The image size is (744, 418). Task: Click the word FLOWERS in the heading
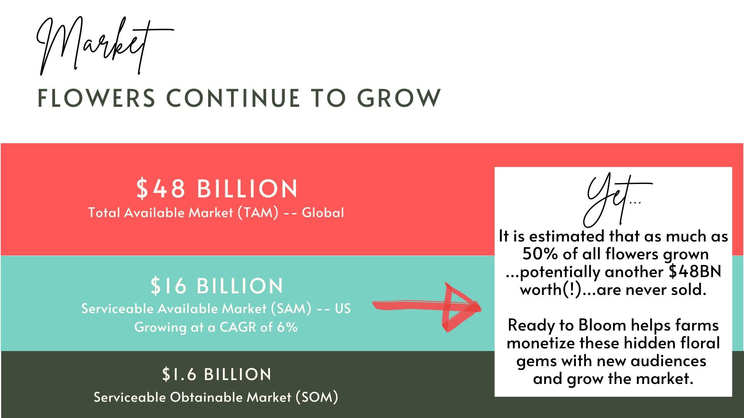pyautogui.click(x=96, y=98)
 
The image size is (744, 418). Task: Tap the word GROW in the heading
pyautogui.click(x=399, y=98)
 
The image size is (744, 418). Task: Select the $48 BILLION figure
pyautogui.click(x=217, y=188)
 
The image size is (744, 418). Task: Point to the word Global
pyautogui.click(x=323, y=212)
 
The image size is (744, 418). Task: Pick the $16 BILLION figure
pyautogui.click(x=217, y=286)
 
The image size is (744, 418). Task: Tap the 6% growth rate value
pyautogui.click(x=287, y=327)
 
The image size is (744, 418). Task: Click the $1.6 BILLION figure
pyautogui.click(x=217, y=374)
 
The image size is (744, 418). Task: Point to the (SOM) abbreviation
pyautogui.click(x=317, y=397)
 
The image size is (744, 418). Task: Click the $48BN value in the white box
pyautogui.click(x=695, y=272)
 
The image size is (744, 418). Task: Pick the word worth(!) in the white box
pyautogui.click(x=551, y=290)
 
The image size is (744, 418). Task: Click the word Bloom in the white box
pyautogui.click(x=602, y=325)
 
